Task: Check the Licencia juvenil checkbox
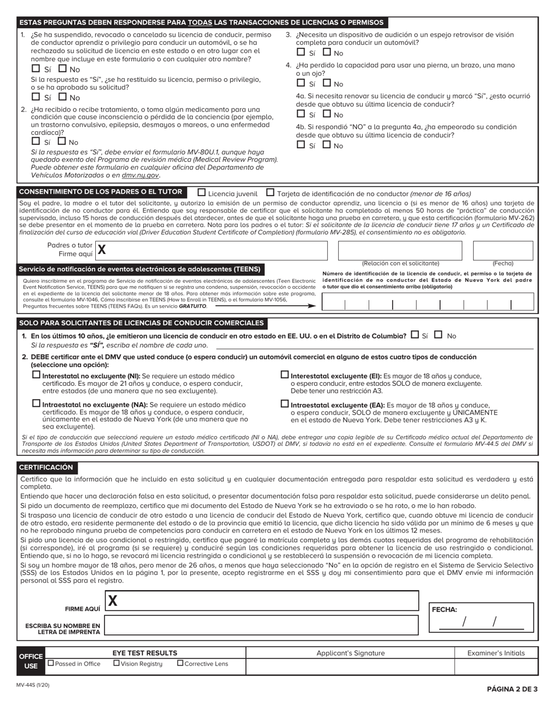[202, 192]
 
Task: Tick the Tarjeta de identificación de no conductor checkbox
[270, 192]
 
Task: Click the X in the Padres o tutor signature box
[102, 250]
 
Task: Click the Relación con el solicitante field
[400, 250]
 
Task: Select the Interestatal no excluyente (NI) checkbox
[37, 375]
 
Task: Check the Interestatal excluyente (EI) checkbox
[285, 375]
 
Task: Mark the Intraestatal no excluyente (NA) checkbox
[37, 403]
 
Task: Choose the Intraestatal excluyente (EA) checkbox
[285, 403]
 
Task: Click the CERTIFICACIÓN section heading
[46, 468]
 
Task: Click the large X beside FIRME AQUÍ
[113, 601]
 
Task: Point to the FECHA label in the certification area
[444, 609]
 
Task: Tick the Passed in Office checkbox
[51, 663]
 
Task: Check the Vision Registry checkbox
[116, 663]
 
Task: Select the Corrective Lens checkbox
[180, 663]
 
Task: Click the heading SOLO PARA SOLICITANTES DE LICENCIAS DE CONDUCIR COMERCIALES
[141, 323]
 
